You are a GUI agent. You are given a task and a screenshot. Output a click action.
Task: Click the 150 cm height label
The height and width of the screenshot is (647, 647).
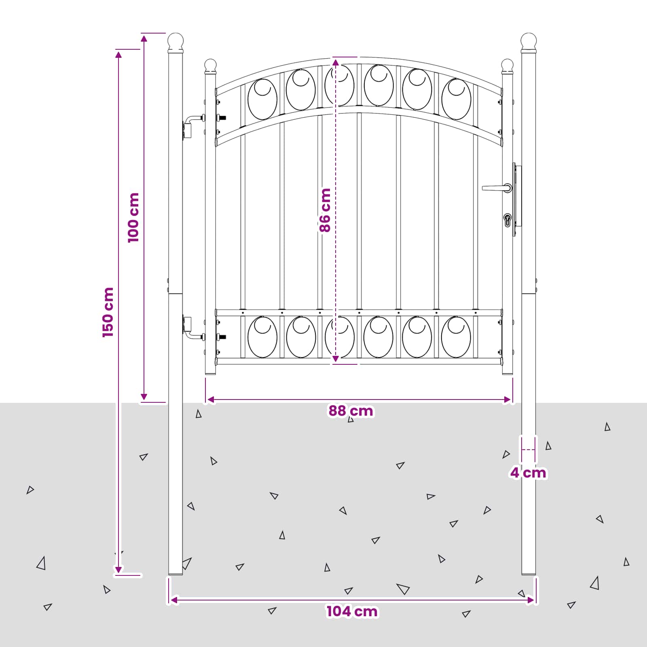[x=108, y=312]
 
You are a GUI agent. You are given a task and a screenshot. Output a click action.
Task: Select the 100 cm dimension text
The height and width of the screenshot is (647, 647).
[x=133, y=218]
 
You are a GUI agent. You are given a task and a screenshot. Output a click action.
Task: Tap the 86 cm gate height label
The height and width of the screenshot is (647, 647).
[x=325, y=210]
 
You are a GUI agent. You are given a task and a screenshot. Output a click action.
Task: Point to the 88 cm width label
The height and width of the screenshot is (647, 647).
[x=351, y=411]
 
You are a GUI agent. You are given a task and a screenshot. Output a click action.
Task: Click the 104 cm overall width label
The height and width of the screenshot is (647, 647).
[x=352, y=611]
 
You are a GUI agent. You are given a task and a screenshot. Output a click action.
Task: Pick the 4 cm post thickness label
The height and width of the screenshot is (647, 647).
[x=528, y=472]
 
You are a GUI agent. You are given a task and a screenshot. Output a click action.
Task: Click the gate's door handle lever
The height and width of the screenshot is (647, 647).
[x=497, y=188]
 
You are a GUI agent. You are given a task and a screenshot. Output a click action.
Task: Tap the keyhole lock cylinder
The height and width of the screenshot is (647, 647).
[x=507, y=220]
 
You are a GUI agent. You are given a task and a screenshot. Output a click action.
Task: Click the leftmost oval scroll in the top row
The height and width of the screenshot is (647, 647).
[x=262, y=99]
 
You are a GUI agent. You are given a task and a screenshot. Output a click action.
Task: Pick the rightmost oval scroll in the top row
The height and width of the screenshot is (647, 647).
[x=456, y=99]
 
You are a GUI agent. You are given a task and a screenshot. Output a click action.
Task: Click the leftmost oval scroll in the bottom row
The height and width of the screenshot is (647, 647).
[x=262, y=337]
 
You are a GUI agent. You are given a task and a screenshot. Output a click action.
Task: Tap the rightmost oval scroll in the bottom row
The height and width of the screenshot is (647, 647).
[x=456, y=337]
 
